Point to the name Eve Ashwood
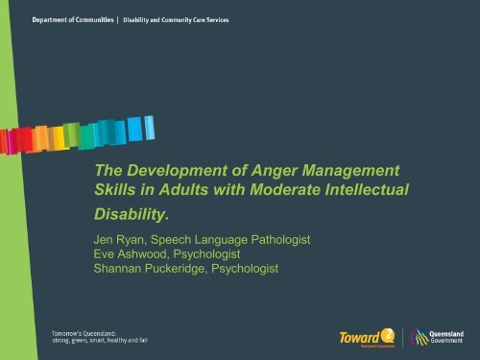[112, 253]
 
